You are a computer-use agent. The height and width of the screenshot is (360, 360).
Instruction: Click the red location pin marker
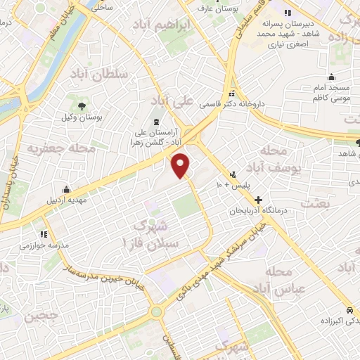click(181, 165)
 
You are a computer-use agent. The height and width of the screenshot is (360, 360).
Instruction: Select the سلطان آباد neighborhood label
click(98, 74)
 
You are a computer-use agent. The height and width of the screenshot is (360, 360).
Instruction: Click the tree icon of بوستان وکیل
click(83, 105)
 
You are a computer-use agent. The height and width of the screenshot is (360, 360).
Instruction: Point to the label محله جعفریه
click(51, 149)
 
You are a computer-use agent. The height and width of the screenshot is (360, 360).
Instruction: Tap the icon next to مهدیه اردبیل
click(66, 188)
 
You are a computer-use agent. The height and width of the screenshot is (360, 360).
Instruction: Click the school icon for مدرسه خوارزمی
click(44, 233)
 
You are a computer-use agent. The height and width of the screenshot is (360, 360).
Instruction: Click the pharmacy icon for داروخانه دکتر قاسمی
click(231, 94)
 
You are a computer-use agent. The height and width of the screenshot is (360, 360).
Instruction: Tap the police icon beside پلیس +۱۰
click(232, 174)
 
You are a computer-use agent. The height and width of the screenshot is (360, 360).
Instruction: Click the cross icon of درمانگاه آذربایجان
click(258, 200)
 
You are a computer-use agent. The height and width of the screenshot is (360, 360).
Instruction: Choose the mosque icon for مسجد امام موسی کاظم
click(332, 78)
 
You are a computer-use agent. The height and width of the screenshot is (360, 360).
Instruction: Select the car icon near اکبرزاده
click(349, 310)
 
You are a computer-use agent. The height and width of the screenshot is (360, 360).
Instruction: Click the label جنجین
click(43, 317)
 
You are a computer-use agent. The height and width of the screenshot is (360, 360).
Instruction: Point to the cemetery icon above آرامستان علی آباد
click(156, 122)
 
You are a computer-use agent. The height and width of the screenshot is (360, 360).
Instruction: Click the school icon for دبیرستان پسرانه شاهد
click(286, 13)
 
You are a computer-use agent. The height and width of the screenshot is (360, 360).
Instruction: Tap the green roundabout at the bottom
click(155, 311)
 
